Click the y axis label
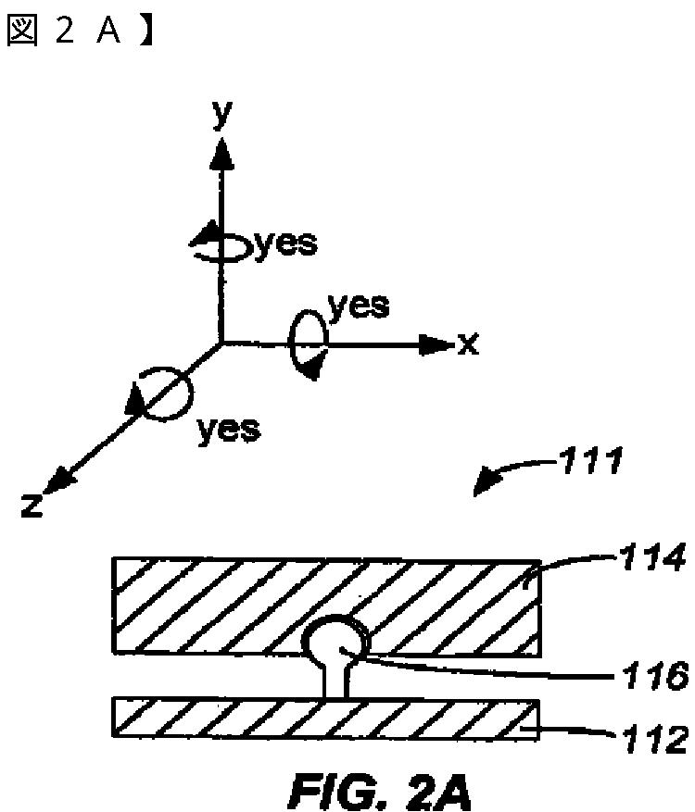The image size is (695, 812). (221, 112)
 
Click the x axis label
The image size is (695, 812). (468, 344)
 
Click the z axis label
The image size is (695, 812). (31, 505)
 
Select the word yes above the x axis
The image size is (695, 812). (360, 305)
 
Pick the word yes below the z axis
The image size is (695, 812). (228, 428)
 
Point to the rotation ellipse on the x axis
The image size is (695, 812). (307, 344)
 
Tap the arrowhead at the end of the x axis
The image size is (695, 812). (435, 345)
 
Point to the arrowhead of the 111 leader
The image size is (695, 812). (486, 485)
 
